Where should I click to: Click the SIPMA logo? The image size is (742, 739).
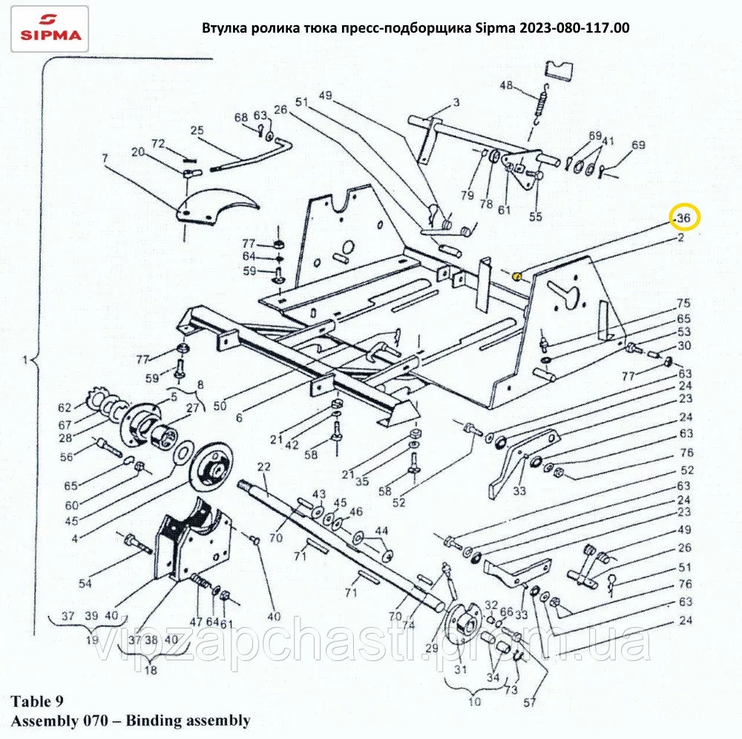click(x=50, y=28)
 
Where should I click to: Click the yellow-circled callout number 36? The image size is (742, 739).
click(x=684, y=218)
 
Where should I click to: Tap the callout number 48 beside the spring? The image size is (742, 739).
click(x=506, y=85)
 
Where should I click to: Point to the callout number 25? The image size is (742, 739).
click(x=197, y=130)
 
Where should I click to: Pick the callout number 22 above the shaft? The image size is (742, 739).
click(x=263, y=467)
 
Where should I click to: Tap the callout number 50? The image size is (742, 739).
click(x=220, y=406)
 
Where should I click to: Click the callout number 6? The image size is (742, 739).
click(x=239, y=418)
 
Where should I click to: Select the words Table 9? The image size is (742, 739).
click(x=37, y=701)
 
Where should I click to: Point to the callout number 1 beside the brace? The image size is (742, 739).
click(x=24, y=361)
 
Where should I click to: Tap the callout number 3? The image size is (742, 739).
click(x=456, y=102)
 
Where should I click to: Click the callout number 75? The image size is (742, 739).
click(x=684, y=303)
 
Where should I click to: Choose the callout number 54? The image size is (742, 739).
click(x=85, y=584)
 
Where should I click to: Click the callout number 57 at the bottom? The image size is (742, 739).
click(x=530, y=703)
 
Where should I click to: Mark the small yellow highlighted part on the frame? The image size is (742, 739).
click(x=517, y=275)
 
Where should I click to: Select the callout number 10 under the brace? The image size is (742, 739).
click(x=475, y=702)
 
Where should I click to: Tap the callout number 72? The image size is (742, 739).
click(x=158, y=143)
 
